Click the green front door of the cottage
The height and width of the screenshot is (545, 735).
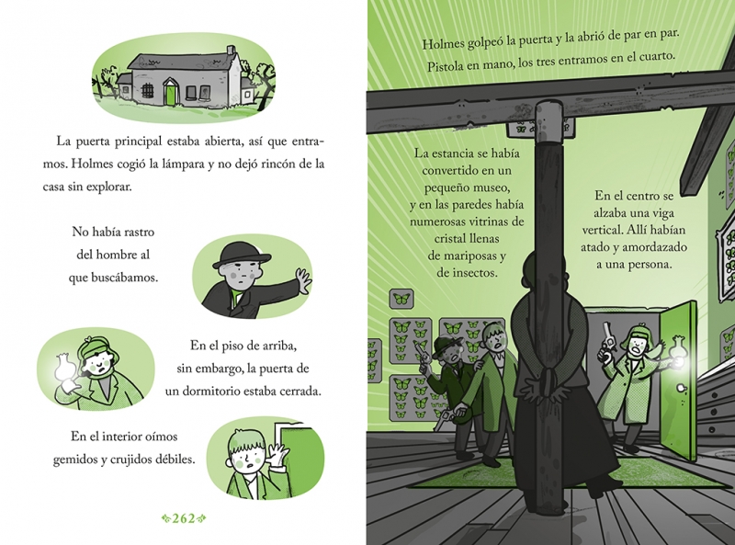[x=171, y=93]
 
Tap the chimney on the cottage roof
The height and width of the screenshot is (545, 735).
[x=231, y=51]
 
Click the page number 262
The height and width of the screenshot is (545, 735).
[x=184, y=518]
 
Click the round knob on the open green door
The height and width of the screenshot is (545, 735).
[x=680, y=388]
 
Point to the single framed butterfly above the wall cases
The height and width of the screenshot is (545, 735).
[x=401, y=299]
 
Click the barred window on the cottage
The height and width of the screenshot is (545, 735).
[x=147, y=90]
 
